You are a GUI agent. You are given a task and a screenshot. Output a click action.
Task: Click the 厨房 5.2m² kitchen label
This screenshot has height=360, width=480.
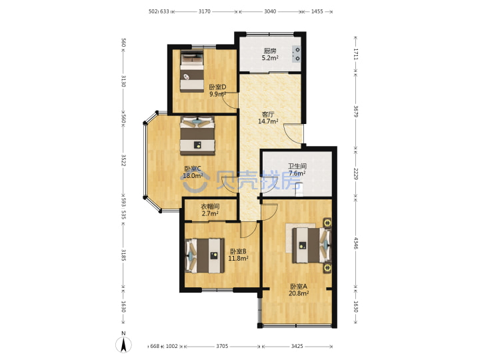click(270, 54)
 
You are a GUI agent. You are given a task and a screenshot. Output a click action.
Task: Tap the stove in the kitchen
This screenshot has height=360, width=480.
click(296, 54)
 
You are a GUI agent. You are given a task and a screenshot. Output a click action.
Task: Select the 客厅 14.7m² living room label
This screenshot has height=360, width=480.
click(268, 118)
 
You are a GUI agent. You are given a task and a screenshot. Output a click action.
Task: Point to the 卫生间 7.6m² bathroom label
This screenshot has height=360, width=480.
click(297, 170)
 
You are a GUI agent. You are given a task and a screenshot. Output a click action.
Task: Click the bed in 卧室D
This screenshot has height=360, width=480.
click(192, 71)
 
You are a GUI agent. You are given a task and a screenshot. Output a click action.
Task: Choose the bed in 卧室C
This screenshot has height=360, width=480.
click(197, 135)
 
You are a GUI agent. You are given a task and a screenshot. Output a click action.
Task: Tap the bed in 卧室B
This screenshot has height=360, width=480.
click(205, 255)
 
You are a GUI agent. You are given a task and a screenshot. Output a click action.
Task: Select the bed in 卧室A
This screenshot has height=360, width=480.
click(311, 245)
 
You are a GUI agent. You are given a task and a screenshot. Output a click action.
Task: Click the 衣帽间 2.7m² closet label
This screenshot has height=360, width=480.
click(210, 210)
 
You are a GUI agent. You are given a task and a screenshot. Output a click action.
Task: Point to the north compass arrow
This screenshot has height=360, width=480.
click(124, 344)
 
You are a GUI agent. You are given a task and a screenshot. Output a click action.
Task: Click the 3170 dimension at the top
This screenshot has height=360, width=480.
click(205, 11)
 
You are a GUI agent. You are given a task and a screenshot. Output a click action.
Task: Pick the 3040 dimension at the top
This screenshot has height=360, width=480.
click(270, 11)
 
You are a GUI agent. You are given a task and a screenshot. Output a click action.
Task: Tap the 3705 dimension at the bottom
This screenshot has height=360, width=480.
click(222, 346)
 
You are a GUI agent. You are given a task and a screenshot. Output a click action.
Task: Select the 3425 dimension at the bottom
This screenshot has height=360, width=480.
click(297, 346)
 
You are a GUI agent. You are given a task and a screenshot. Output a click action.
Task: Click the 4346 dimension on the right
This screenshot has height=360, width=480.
click(356, 243)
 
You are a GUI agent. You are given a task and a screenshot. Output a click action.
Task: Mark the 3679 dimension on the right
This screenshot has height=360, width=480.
click(356, 111)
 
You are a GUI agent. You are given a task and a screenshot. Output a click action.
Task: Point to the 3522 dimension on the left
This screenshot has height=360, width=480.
click(123, 160)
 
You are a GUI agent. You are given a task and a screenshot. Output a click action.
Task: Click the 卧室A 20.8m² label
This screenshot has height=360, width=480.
click(299, 290)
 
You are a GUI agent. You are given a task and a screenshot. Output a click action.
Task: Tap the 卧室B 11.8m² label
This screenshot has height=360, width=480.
click(238, 255)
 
